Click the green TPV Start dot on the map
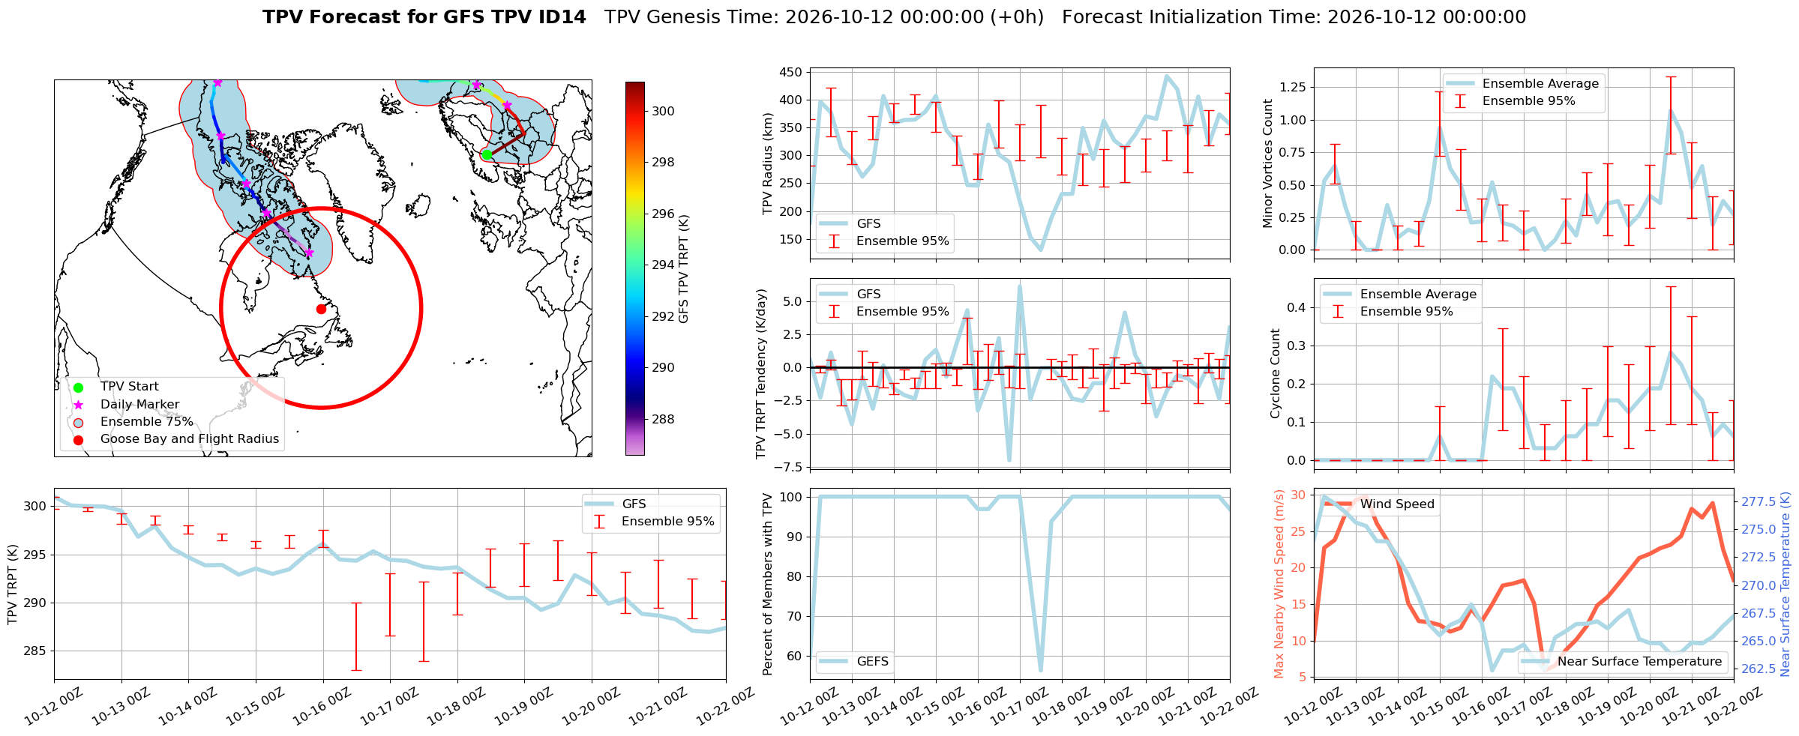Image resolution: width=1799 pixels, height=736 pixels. (x=486, y=154)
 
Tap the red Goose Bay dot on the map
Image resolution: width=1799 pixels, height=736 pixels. (x=321, y=309)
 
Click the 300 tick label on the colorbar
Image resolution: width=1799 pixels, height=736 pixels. (x=663, y=111)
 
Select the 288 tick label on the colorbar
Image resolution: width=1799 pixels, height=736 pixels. (x=663, y=419)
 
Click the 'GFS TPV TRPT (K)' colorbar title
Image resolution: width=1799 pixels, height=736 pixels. (x=683, y=269)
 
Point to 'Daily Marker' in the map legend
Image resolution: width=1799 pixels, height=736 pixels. (x=140, y=405)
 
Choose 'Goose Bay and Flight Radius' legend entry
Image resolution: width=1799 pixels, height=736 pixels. (x=190, y=439)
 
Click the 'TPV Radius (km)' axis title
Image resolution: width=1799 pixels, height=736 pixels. (x=767, y=163)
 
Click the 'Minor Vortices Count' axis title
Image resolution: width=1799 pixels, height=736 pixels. (x=1268, y=163)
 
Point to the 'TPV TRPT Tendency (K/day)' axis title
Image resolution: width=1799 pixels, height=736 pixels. (x=762, y=374)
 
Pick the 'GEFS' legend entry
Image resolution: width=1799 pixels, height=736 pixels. (x=873, y=661)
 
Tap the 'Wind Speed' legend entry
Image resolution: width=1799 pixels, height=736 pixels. (x=1397, y=504)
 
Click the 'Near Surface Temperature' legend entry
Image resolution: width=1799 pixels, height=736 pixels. (x=1640, y=661)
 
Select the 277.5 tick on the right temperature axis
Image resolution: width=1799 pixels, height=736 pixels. (x=1758, y=501)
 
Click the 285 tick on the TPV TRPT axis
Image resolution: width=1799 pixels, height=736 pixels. (x=34, y=651)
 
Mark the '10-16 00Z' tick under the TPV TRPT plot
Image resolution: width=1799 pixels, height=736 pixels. (x=322, y=707)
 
